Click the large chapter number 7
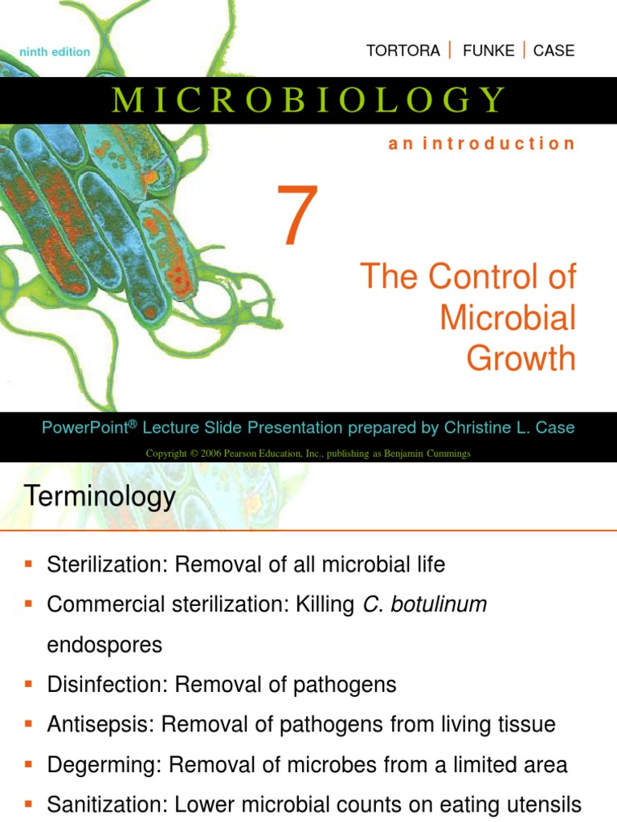(297, 215)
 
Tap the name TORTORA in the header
(402, 51)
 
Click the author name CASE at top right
(554, 51)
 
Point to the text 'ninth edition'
(55, 52)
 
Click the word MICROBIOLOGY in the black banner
(308, 100)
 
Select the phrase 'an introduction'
(481, 144)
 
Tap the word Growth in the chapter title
(521, 358)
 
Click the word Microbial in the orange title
(508, 318)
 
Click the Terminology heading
(100, 496)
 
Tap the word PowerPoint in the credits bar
(84, 428)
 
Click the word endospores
(104, 645)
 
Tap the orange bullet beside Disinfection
(28, 685)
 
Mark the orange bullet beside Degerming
(28, 764)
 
